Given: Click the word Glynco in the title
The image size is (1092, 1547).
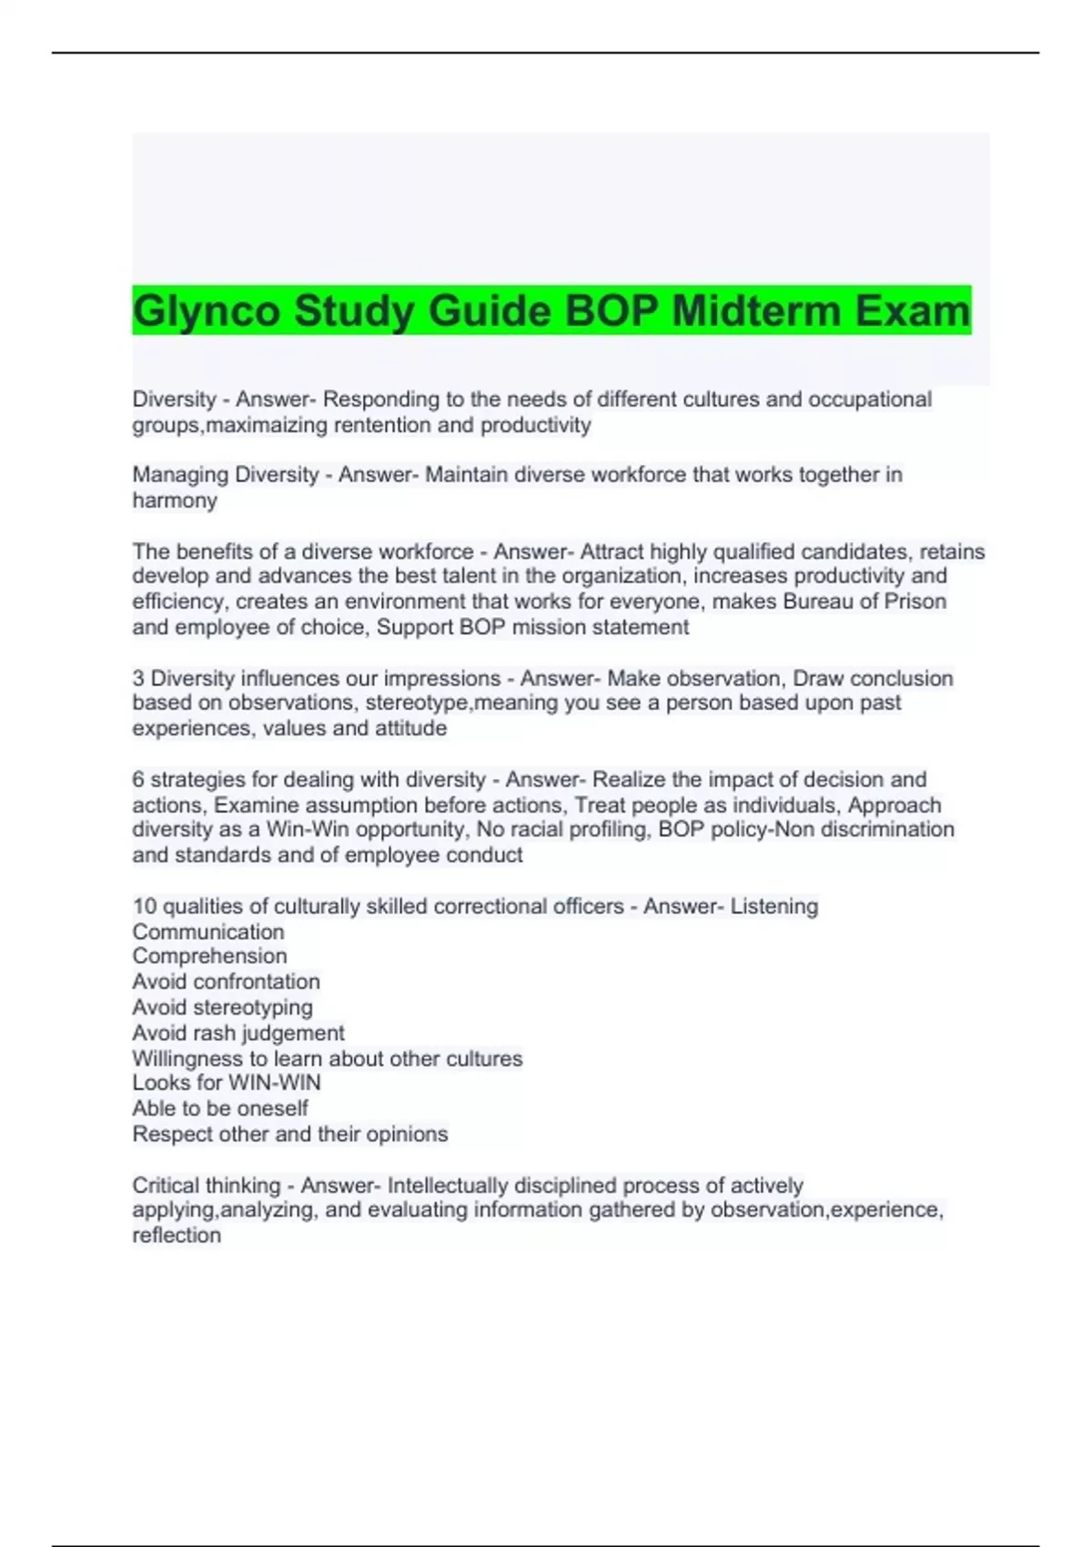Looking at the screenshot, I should tap(207, 311).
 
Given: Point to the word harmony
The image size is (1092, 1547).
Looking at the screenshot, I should tap(175, 500).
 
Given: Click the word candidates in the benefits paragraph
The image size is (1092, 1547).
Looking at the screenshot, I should tap(860, 551).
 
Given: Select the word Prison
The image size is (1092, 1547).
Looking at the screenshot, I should tap(915, 602).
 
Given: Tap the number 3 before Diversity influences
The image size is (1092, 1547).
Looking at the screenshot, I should tap(138, 678).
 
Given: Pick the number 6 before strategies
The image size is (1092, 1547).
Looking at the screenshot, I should tap(138, 780).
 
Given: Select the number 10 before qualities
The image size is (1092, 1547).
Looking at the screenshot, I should tap(145, 906).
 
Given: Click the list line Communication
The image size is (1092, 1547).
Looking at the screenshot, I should tap(208, 932).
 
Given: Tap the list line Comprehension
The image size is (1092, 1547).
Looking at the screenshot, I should tap(209, 956).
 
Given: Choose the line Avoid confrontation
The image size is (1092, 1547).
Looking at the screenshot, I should tap(226, 982).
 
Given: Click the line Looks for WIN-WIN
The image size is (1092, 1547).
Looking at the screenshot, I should tap(227, 1083).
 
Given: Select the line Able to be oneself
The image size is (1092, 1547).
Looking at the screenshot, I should tap(220, 1108).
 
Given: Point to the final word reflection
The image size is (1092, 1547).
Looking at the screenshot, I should tap(177, 1236).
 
